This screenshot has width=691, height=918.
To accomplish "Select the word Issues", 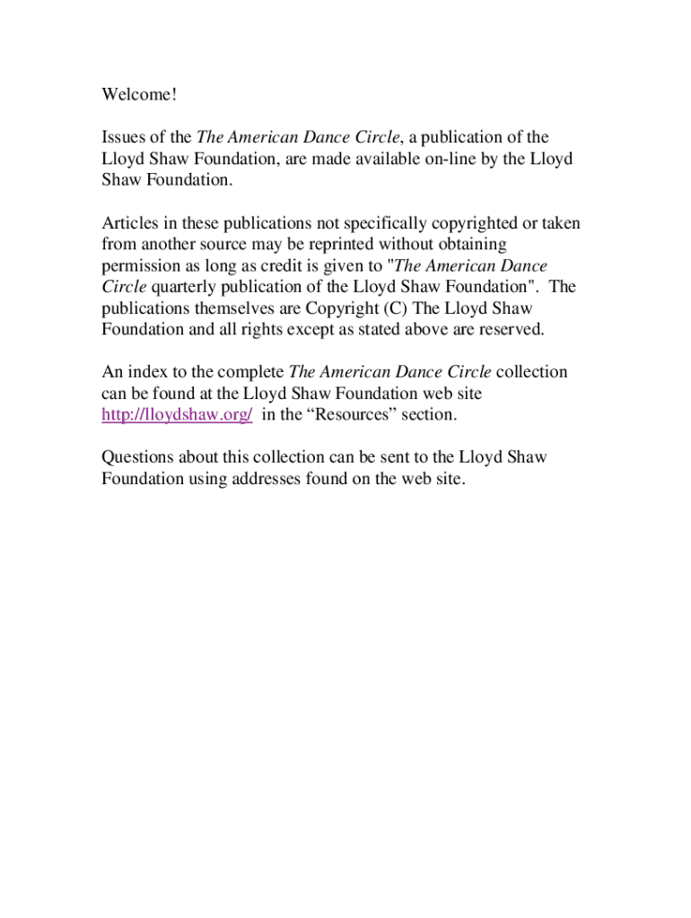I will pyautogui.click(x=124, y=137).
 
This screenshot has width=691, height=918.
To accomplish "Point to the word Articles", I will pyautogui.click(x=129, y=223).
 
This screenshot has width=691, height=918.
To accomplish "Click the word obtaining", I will pyautogui.click(x=467, y=245).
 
